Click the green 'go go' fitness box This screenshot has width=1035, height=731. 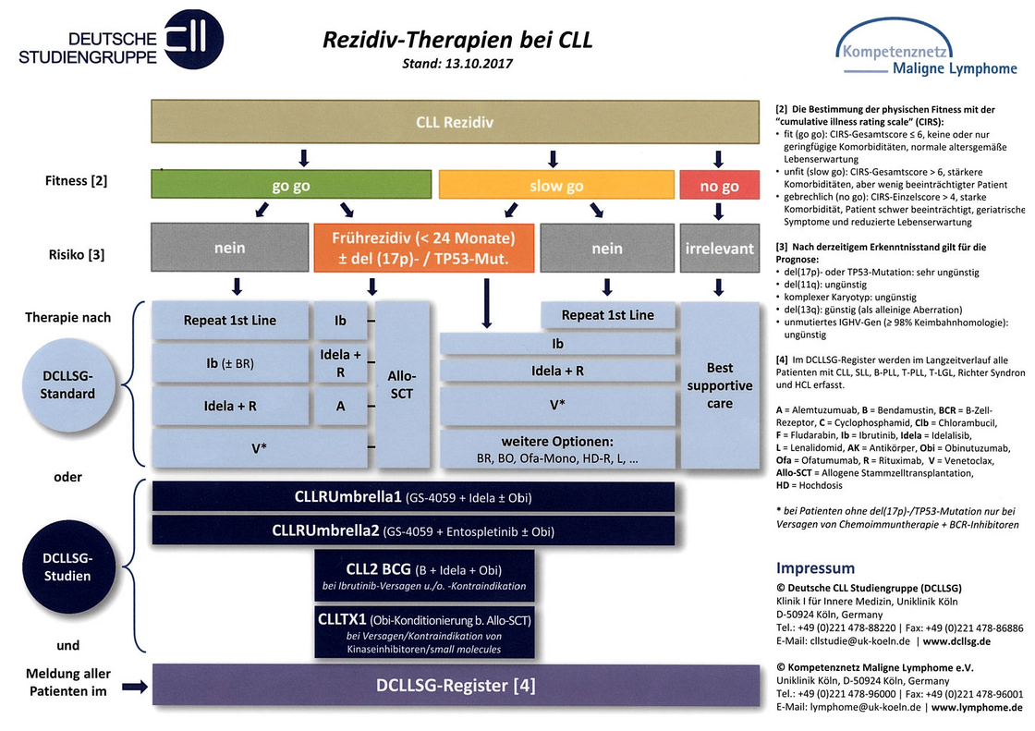click(x=291, y=184)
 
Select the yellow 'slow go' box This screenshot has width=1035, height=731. click(x=556, y=185)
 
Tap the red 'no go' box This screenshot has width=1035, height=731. click(x=720, y=185)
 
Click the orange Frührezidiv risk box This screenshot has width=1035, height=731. click(x=424, y=248)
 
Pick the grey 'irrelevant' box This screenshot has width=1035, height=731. click(x=720, y=248)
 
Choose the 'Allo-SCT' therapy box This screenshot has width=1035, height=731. click(x=401, y=385)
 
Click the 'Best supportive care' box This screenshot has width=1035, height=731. click(x=720, y=385)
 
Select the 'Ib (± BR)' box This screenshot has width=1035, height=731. click(x=230, y=363)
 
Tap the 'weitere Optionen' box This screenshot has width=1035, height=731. click(x=557, y=449)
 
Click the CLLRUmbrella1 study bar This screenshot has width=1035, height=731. click(x=413, y=497)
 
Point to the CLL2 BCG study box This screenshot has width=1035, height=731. click(x=424, y=576)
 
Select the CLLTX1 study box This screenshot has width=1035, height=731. click(x=424, y=633)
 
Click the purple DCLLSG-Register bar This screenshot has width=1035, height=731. click(x=456, y=685)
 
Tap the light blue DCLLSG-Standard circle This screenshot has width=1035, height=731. click(x=68, y=385)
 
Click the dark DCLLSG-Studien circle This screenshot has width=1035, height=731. click(x=68, y=567)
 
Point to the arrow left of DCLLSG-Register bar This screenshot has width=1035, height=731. click(x=135, y=687)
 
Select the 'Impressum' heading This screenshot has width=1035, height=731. click(x=815, y=568)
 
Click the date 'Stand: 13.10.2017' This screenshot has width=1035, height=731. click(x=457, y=64)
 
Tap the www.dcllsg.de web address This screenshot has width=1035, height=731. click(x=956, y=641)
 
